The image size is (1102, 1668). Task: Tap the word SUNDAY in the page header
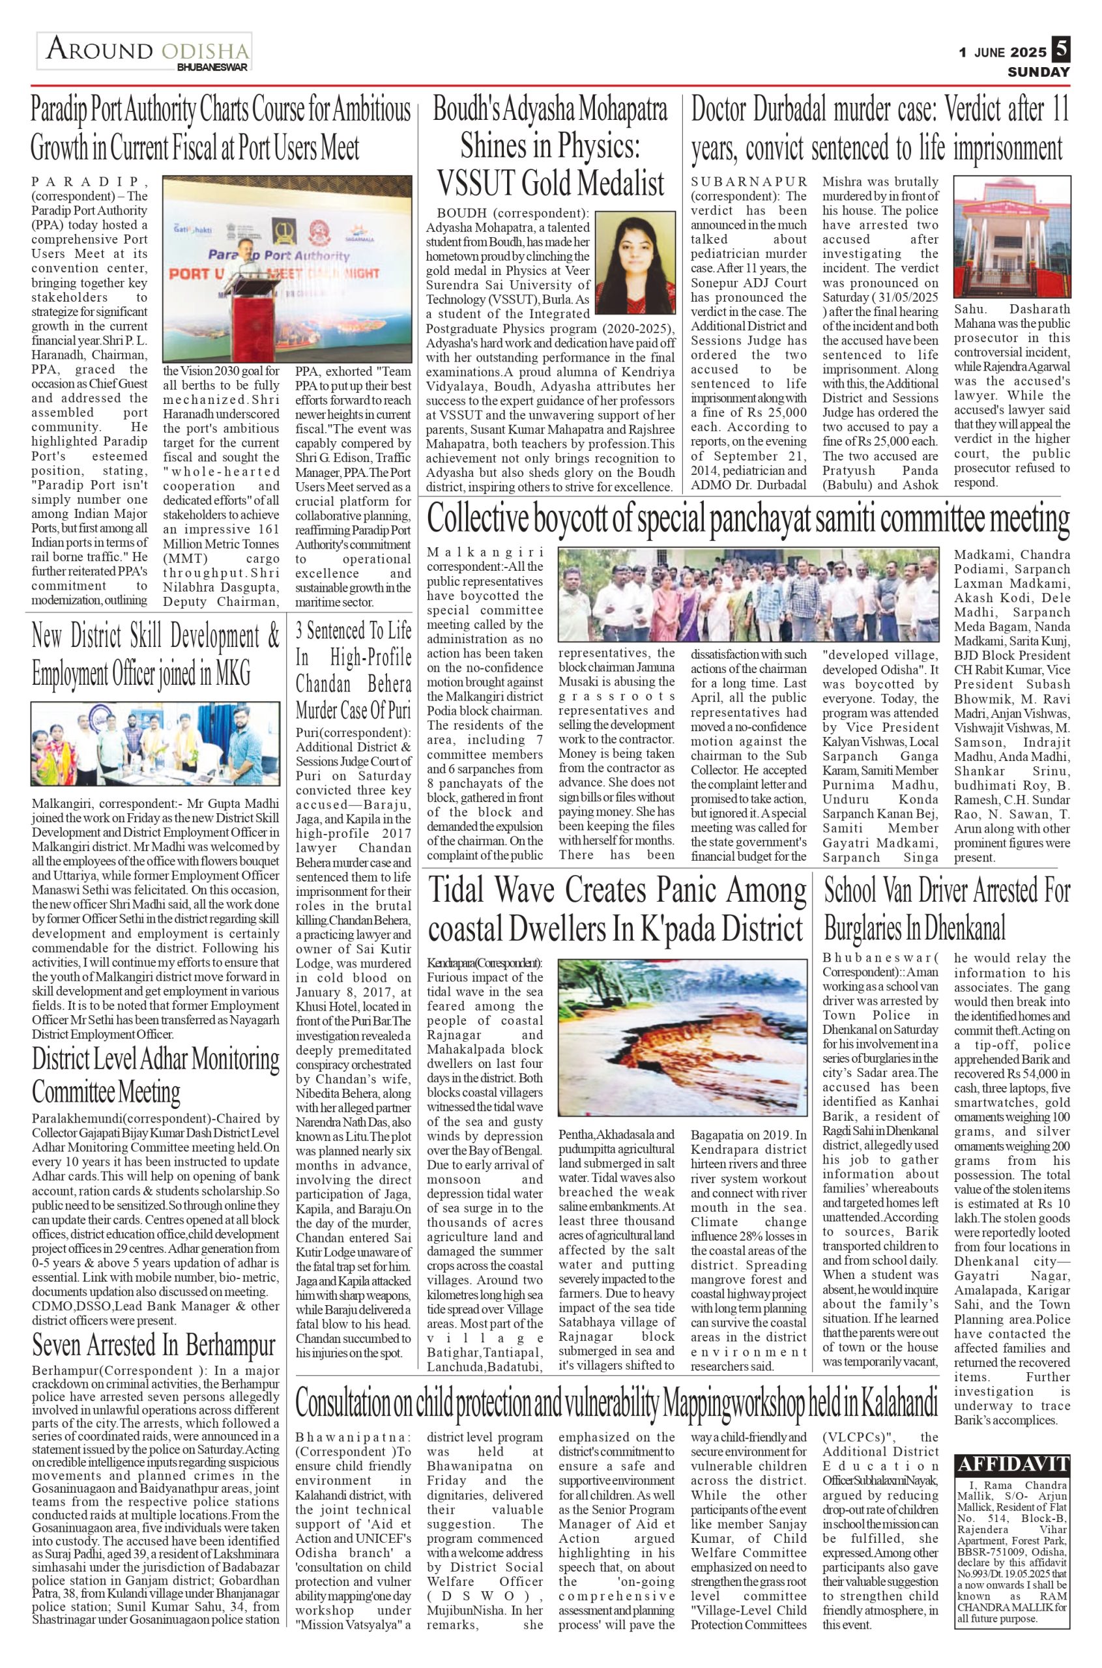(x=1038, y=72)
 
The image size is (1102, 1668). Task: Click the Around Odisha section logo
(x=145, y=53)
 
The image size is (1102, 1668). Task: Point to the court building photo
(x=1012, y=236)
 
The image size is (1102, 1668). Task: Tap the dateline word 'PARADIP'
(x=89, y=181)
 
